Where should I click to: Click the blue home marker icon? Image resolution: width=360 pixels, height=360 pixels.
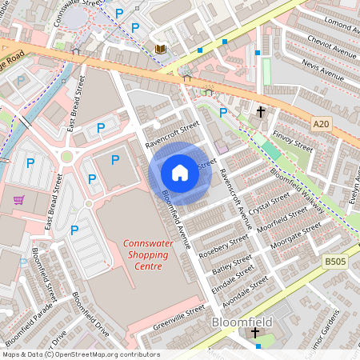pyautogui.click(x=180, y=172)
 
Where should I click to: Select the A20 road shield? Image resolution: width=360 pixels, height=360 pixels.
pyautogui.click(x=321, y=123)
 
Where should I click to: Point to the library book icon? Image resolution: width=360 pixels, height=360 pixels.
pyautogui.click(x=160, y=49)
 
